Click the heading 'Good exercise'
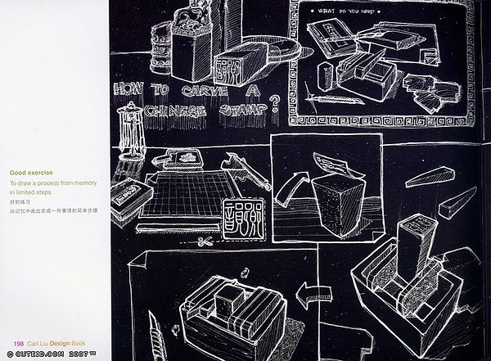pyautogui.click(x=32, y=174)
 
